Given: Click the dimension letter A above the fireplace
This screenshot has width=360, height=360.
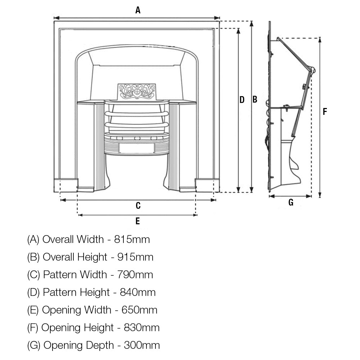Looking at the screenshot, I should tap(138, 10).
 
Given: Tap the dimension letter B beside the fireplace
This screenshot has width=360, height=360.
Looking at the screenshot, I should tap(255, 100).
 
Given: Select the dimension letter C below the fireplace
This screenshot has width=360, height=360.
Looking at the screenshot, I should tap(138, 206).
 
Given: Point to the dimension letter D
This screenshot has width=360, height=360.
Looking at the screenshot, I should tap(242, 100).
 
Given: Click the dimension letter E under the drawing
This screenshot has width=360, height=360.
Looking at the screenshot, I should tap(138, 221).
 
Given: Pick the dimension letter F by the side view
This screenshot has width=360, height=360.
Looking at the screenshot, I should tap(325, 112).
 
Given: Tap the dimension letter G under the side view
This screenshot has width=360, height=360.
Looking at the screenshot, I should tap(291, 202).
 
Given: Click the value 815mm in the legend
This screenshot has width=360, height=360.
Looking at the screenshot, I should tap(132, 239).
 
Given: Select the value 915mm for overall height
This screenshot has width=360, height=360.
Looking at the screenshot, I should tap(135, 257).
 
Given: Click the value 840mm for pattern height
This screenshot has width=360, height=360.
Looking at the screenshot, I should tap(138, 292).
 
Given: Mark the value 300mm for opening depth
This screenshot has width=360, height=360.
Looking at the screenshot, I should tap(142, 345).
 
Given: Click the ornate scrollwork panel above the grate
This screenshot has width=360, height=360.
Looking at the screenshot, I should tap(137, 91).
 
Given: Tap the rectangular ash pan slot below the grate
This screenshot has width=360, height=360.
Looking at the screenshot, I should tap(136, 148).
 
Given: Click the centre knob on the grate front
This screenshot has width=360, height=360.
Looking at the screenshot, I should tap(137, 138).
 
